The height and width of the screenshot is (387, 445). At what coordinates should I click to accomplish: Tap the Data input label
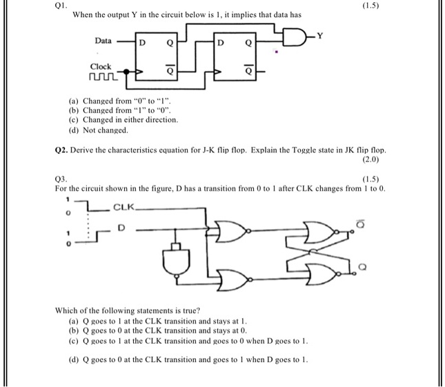point(103,41)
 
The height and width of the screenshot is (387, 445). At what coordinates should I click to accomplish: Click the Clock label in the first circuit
point(101,66)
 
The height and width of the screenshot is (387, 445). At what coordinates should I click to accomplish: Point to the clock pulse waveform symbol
point(101,78)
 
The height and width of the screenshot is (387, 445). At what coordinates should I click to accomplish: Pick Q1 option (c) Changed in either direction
point(123,120)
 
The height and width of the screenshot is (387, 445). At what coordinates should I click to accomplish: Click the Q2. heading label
point(61,150)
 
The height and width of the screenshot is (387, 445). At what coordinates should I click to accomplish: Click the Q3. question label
point(61,178)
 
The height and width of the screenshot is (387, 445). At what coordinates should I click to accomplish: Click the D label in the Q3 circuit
point(122,226)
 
